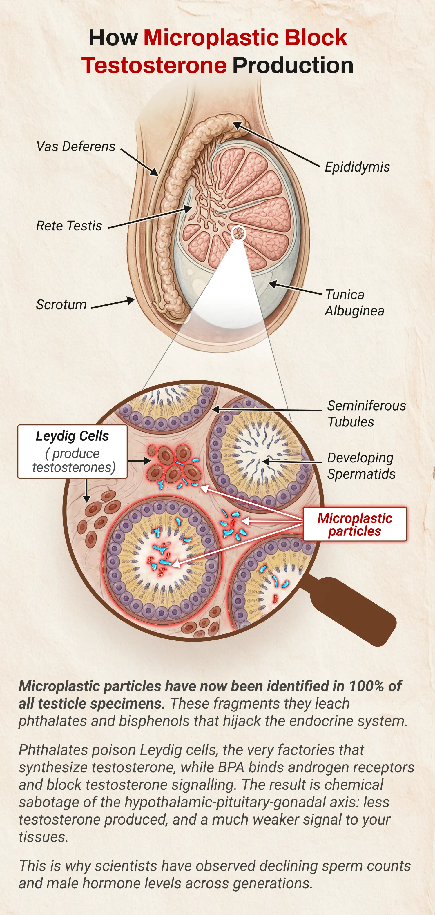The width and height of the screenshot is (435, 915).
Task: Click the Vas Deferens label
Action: pyautogui.click(x=76, y=146)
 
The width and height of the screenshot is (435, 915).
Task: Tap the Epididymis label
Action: pyautogui.click(x=357, y=167)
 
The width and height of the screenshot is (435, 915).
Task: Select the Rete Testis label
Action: pyautogui.click(x=69, y=226)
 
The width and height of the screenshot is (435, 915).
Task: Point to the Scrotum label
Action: pyautogui.click(x=61, y=304)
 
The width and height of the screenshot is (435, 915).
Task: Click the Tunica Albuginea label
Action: pyautogui.click(x=354, y=303)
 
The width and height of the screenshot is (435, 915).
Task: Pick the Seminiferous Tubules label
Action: pyautogui.click(x=366, y=413)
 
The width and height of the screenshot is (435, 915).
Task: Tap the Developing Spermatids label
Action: pyautogui.click(x=361, y=466)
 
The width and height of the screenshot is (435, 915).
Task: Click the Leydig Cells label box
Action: pyautogui.click(x=72, y=451)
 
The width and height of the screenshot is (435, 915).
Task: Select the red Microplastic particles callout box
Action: pyautogui.click(x=355, y=524)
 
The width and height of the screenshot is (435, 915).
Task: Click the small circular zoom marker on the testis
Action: pyautogui.click(x=238, y=233)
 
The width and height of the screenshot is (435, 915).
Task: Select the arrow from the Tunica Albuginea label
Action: pyautogui.click(x=295, y=288)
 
